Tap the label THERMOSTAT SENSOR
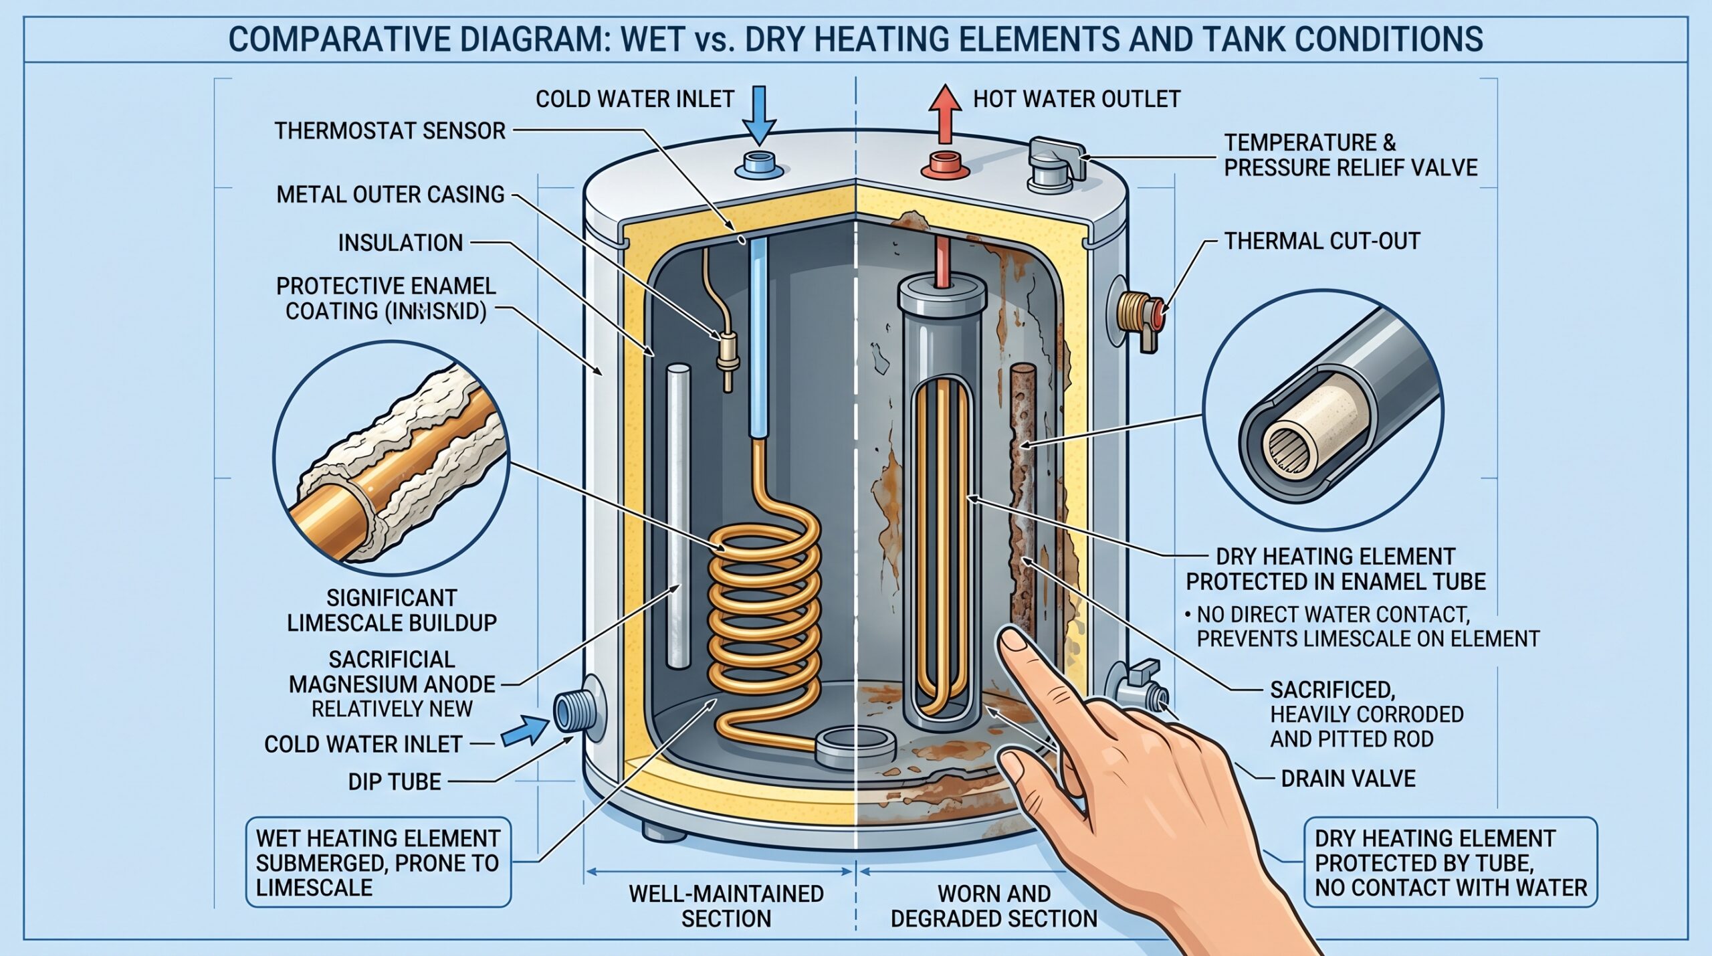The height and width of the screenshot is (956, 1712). pyautogui.click(x=390, y=130)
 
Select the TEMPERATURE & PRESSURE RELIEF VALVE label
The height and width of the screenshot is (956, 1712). pyautogui.click(x=1350, y=155)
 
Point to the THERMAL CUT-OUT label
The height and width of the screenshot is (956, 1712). pyautogui.click(x=1322, y=241)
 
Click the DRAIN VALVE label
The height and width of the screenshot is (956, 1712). pyautogui.click(x=1348, y=779)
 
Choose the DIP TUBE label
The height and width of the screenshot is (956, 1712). pyautogui.click(x=395, y=782)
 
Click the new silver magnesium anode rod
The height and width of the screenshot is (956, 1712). pyautogui.click(x=678, y=515)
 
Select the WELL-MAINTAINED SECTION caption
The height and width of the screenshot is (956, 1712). pyautogui.click(x=726, y=906)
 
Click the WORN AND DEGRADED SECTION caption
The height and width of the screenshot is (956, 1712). pyautogui.click(x=994, y=906)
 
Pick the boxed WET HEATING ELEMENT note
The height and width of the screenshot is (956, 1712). pyautogui.click(x=378, y=862)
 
